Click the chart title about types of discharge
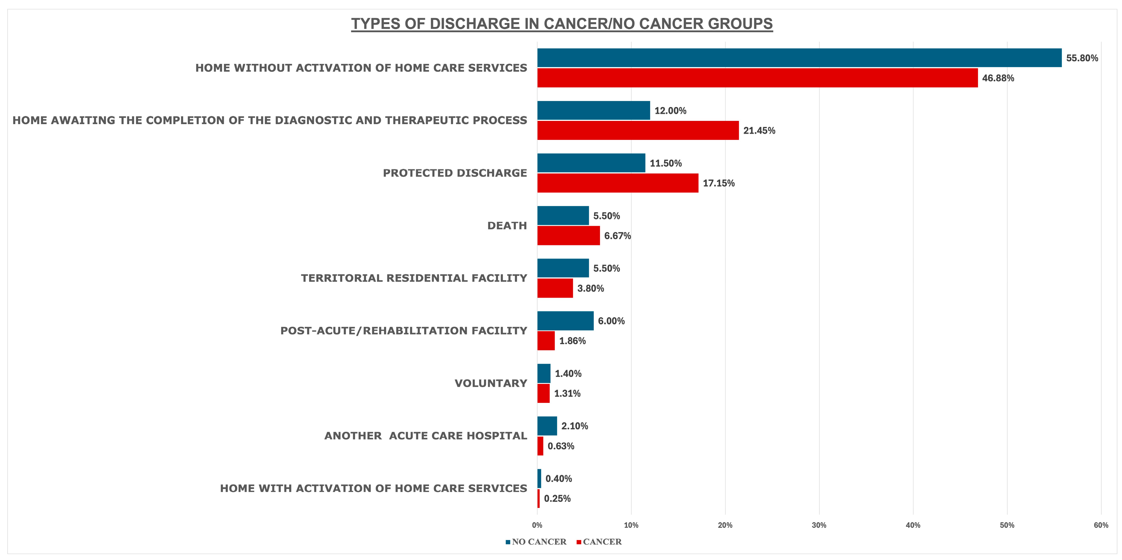point(562,23)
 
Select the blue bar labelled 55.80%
point(799,58)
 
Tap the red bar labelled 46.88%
point(758,78)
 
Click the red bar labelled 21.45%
point(638,131)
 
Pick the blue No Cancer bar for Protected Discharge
point(591,163)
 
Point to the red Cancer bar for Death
point(568,235)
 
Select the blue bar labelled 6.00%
point(565,321)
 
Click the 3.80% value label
point(591,288)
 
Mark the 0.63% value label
point(561,446)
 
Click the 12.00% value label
point(670,111)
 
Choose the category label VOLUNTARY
point(491,383)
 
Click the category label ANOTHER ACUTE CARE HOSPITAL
point(426,436)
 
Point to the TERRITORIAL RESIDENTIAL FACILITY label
point(414,278)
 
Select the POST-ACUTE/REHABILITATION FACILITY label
point(404,330)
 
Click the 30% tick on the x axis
point(819,525)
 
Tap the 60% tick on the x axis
point(1101,525)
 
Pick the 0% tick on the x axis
point(537,525)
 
